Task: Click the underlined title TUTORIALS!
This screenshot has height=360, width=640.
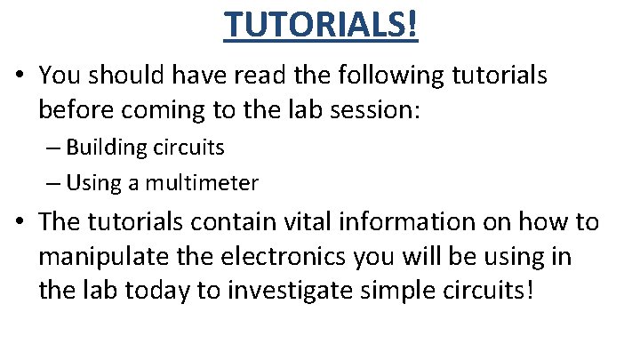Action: [320, 24]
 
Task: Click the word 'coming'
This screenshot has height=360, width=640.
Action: [160, 108]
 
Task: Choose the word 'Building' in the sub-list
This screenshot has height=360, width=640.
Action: [101, 146]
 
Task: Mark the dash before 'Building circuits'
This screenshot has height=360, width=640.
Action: [52, 146]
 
